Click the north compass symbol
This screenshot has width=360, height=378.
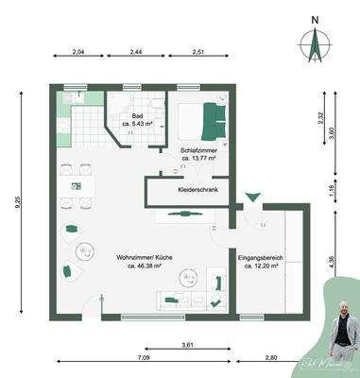coord(315,43)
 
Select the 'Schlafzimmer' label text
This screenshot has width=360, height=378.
coord(197,151)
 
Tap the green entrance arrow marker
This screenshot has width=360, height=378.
coord(252,198)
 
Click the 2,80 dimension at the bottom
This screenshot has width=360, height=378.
coord(271,358)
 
